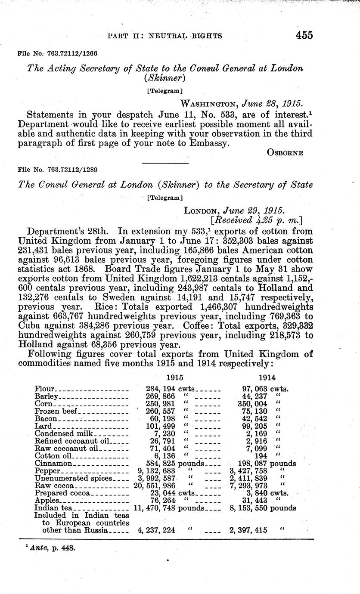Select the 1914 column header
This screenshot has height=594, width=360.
(267, 377)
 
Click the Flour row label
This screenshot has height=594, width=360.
(43, 390)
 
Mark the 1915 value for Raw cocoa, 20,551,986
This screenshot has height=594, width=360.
(155, 486)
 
